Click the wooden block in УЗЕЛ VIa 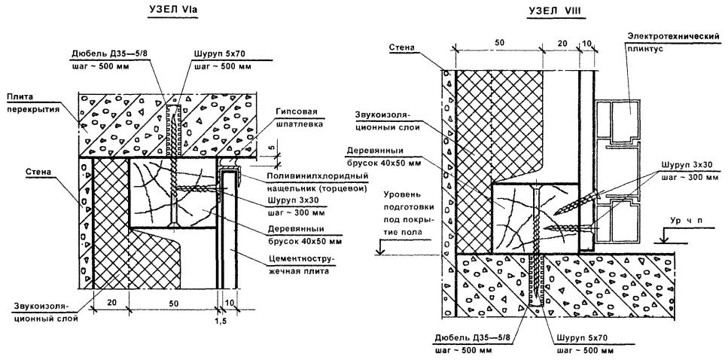click(x=159, y=193)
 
